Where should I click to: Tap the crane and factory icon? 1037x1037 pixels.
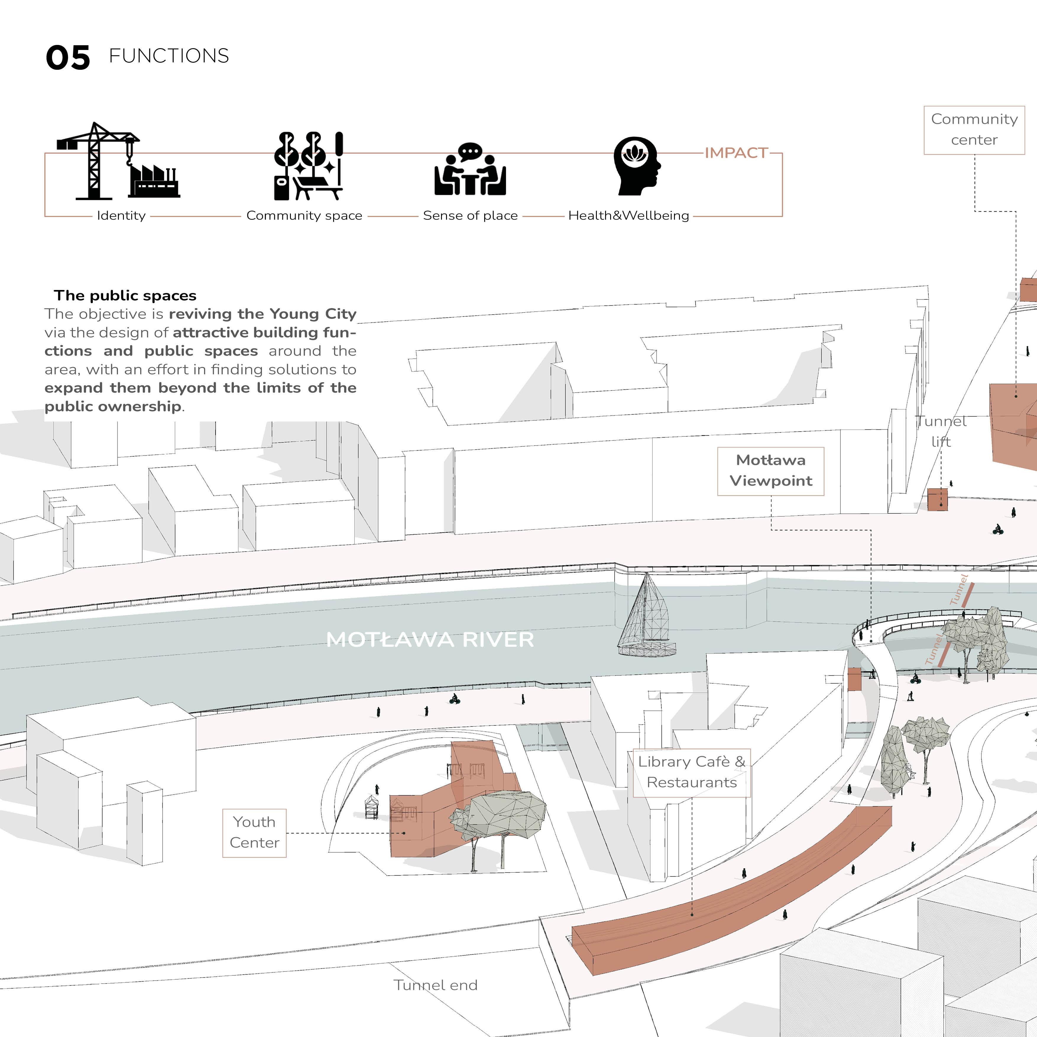pyautogui.click(x=118, y=161)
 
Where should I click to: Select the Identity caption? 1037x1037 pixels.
pyautogui.click(x=121, y=216)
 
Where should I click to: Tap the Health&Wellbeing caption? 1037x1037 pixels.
pyautogui.click(x=628, y=216)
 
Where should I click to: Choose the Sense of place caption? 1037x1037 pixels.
pyautogui.click(x=470, y=216)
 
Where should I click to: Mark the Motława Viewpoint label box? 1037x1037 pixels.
pyautogui.click(x=770, y=471)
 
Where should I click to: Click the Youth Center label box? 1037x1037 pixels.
pyautogui.click(x=255, y=832)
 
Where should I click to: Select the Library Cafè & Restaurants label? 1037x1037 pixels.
pyautogui.click(x=691, y=772)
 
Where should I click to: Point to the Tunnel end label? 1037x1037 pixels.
pyautogui.click(x=435, y=985)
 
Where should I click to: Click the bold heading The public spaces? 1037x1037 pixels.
pyautogui.click(x=125, y=296)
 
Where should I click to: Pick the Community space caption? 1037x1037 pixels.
pyautogui.click(x=304, y=216)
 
